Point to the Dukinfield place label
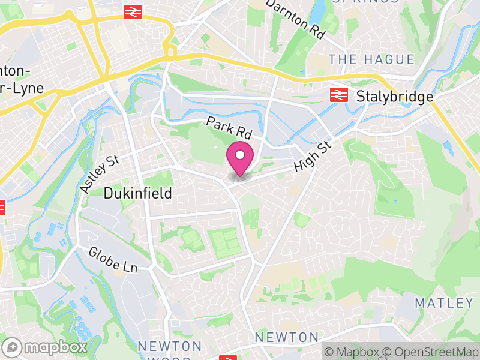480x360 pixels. point(137,193)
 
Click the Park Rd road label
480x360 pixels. point(228,127)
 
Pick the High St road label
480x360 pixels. point(313,158)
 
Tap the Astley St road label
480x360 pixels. point(100,173)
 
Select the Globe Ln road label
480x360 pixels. point(113,260)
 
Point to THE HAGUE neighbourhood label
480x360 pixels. point(372,59)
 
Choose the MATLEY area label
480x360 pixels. point(444,302)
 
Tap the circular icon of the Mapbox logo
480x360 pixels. point(13,347)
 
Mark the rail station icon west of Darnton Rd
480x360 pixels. point(133,11)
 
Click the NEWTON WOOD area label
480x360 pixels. point(170,351)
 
